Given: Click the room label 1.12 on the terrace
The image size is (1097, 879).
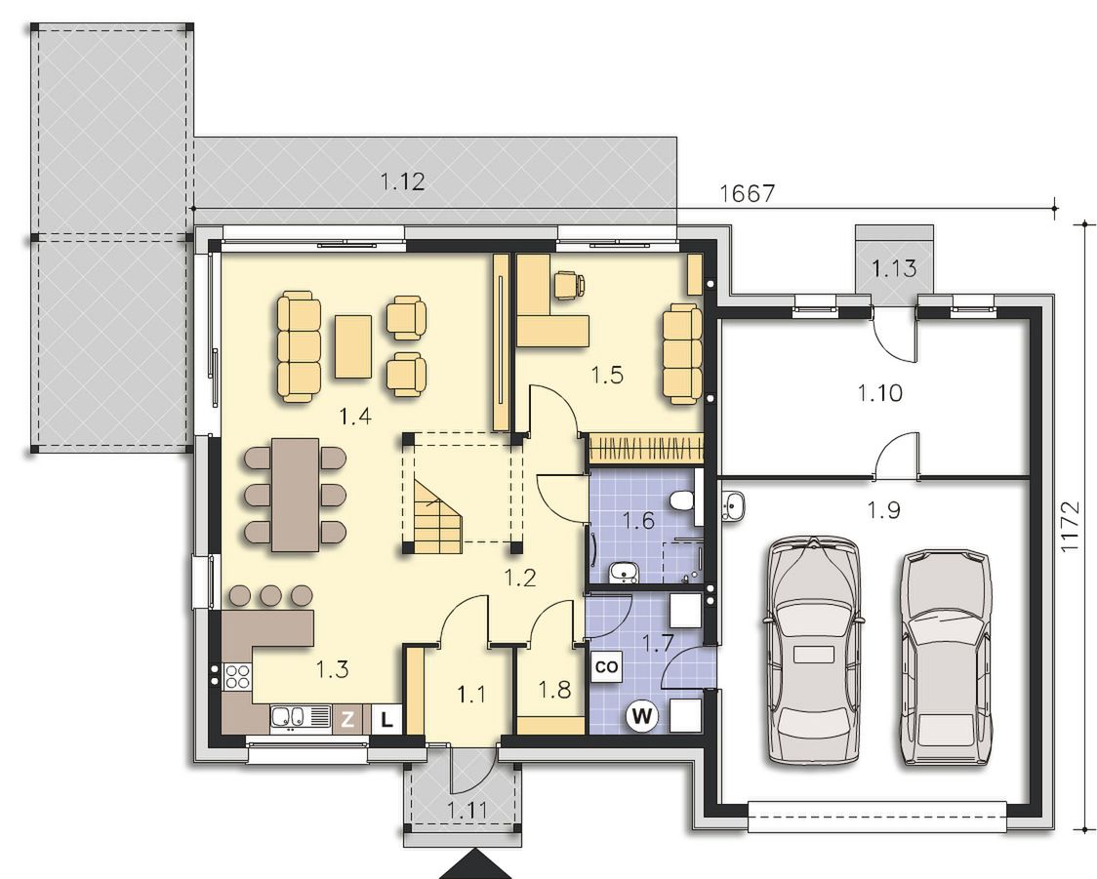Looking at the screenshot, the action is [402, 182].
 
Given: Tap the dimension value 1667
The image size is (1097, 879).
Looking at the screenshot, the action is [748, 193].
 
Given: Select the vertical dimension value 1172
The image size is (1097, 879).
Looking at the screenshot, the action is [1070, 526].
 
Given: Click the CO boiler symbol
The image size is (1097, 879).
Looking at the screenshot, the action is [606, 666].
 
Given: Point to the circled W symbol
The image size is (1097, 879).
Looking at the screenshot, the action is [643, 715].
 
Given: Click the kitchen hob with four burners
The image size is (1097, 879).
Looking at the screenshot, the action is [238, 676].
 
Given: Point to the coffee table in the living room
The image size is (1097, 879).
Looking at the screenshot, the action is [353, 347].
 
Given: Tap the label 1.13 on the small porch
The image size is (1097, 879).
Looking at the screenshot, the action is [894, 267].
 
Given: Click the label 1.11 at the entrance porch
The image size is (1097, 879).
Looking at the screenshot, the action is [467, 811].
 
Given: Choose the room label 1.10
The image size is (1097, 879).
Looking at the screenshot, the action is [880, 393].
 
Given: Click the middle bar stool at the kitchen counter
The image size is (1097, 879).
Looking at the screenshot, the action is [270, 595].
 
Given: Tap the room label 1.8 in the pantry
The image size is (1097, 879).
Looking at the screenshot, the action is [554, 690].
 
